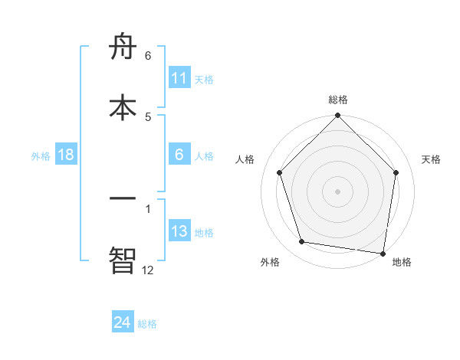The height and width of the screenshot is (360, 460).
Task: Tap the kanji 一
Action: point(123,199)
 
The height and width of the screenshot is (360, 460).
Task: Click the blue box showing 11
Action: point(179,78)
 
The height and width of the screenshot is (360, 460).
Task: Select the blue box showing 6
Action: point(179,155)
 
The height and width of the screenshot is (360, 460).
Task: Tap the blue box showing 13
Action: point(179,231)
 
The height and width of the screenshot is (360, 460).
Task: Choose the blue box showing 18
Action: point(66,155)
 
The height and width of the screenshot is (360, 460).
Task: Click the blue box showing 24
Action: point(123,322)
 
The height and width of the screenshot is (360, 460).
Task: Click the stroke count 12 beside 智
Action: point(148,270)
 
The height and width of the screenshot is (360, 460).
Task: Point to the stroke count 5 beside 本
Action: point(148,116)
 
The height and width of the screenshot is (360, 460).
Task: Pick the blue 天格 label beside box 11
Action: point(204,79)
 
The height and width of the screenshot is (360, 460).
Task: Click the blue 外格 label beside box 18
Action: point(41,155)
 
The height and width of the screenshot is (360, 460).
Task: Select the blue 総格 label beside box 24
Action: point(147,324)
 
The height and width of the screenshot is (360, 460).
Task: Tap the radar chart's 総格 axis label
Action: point(338,100)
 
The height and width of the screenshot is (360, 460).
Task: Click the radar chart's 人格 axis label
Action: point(245,159)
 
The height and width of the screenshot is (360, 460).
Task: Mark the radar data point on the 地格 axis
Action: point(383,253)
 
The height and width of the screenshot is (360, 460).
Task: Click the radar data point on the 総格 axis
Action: point(337,116)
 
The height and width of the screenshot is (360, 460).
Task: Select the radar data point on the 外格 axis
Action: point(302,242)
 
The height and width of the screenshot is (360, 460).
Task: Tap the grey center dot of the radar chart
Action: point(337,191)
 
